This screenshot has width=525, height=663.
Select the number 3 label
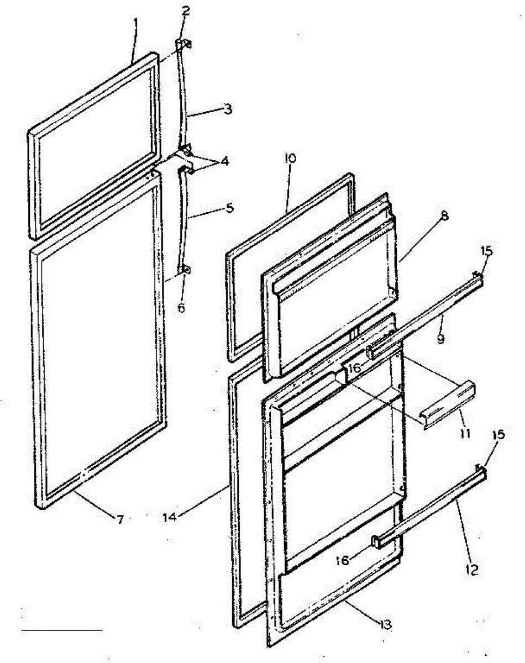pyautogui.click(x=228, y=109)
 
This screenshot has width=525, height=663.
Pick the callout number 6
pyautogui.click(x=182, y=308)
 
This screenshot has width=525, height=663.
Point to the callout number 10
pyautogui.click(x=290, y=159)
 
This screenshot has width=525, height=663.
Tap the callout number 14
pyautogui.click(x=170, y=517)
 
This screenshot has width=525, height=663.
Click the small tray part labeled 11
pyautogui.click(x=449, y=405)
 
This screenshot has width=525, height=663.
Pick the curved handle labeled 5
pyautogui.click(x=183, y=221)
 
